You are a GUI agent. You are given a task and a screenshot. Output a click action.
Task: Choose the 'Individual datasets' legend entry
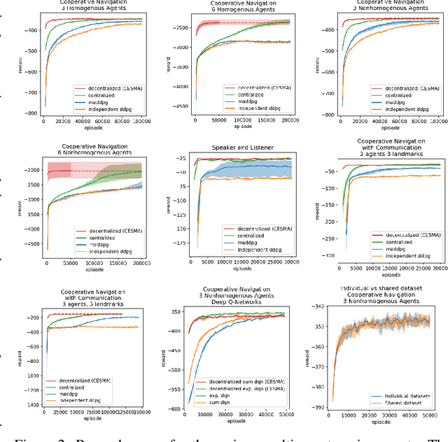click(405, 396)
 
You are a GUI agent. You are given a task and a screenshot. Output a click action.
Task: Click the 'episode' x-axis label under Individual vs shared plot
click(381, 423)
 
